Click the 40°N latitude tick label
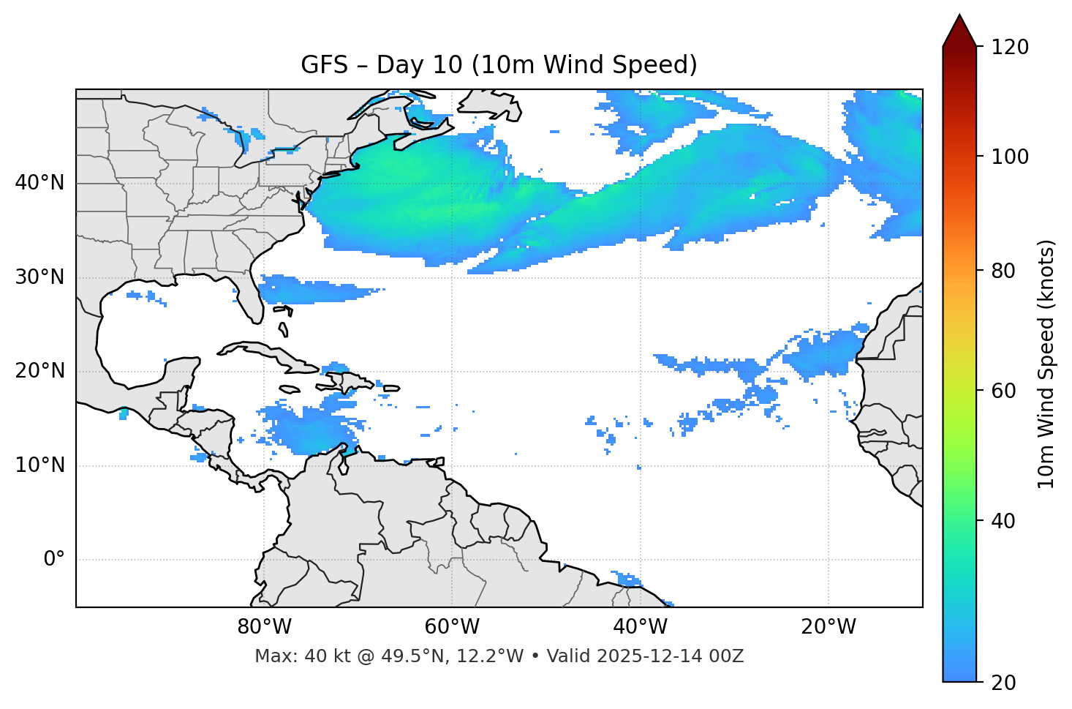(39, 183)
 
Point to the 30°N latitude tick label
(39, 277)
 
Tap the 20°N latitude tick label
(39, 371)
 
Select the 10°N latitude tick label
(39, 465)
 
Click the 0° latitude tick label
(54, 560)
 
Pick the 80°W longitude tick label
(264, 627)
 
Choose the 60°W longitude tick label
(452, 627)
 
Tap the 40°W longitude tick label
(640, 627)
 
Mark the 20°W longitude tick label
(828, 627)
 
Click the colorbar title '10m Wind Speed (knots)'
(1046, 364)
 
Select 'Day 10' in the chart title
(420, 65)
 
